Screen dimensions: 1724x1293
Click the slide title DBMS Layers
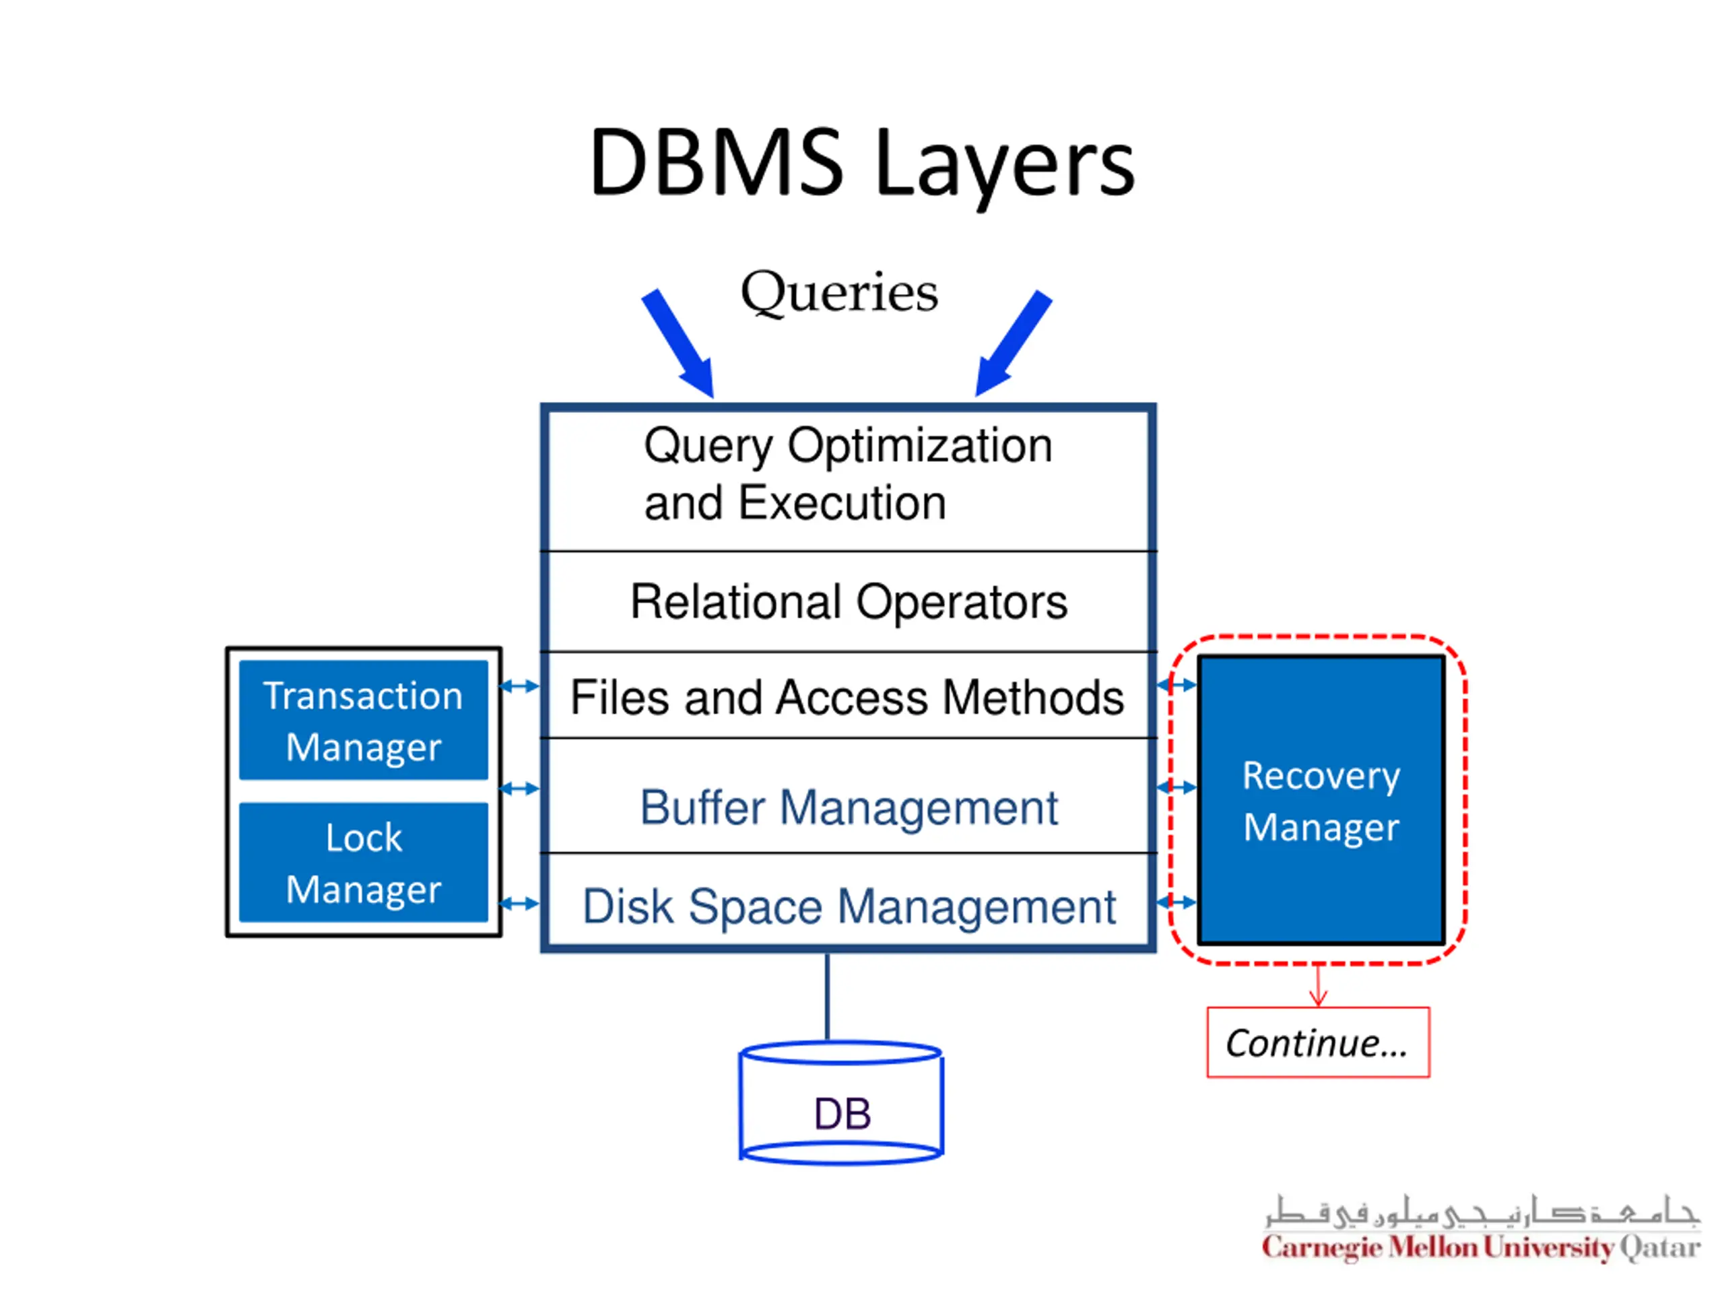pos(861,164)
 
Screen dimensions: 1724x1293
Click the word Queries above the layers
pos(839,292)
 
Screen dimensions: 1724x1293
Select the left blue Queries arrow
pos(677,343)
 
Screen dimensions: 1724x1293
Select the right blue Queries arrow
pos(1014,343)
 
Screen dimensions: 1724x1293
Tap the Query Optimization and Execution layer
pos(848,479)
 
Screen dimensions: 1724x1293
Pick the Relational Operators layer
pos(848,601)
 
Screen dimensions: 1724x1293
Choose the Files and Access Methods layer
pos(848,696)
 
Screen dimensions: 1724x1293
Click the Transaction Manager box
pos(363,720)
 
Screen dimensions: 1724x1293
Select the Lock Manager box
pos(363,863)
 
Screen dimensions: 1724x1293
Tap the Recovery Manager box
pos(1321,801)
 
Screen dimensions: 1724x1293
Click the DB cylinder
pos(842,1104)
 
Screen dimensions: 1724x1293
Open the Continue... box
pos(1318,1042)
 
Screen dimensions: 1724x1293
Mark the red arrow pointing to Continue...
pos(1318,986)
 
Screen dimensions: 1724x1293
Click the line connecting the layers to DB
pos(827,997)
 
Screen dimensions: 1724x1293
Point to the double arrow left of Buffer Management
pos(519,789)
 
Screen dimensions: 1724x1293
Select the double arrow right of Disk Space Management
pos(1177,902)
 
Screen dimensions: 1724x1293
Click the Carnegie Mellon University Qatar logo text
pos(1481,1248)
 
